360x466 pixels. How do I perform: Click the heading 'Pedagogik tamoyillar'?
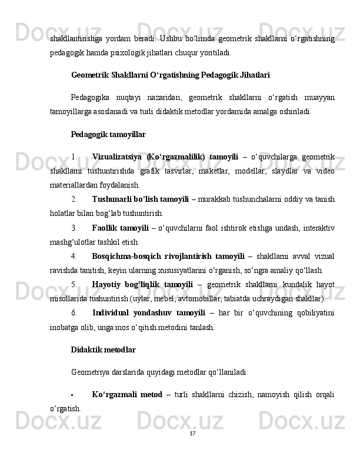tap(108, 135)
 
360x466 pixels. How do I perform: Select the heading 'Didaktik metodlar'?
tap(103, 350)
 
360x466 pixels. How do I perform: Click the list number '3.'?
tap(74, 228)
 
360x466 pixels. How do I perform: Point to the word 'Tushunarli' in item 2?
tap(110, 199)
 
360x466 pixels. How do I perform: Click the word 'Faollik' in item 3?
tap(105, 228)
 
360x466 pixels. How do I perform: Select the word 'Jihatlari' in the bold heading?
tap(254, 76)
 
